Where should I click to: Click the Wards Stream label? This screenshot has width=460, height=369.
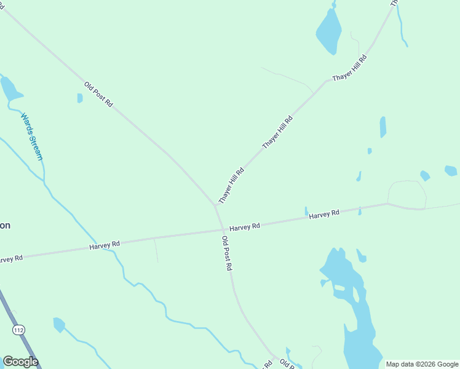tap(32, 136)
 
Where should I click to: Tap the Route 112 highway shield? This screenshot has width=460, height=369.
tap(19, 330)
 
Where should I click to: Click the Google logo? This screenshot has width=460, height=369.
tap(20, 362)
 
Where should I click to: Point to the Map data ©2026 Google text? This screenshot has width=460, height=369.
tap(422, 364)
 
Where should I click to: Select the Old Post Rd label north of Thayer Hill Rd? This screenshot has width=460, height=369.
tap(99, 95)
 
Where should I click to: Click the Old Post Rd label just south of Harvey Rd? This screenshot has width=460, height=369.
tap(227, 253)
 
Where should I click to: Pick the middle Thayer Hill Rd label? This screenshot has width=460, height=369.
tap(277, 131)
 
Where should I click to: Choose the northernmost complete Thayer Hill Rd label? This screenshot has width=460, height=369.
tap(349, 68)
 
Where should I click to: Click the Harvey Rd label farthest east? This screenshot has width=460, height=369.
tap(324, 215)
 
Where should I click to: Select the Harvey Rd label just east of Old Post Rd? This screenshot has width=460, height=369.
tap(245, 227)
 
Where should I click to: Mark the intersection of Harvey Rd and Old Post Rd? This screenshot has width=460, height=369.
tap(222, 231)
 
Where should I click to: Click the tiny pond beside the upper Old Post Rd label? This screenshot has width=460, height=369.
tap(80, 98)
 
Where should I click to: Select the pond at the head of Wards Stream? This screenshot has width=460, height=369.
tap(10, 90)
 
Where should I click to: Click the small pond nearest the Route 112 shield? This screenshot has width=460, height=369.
tap(59, 324)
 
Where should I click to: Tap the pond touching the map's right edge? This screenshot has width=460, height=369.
tap(451, 170)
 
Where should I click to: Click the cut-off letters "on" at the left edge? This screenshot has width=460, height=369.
tap(5, 225)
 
